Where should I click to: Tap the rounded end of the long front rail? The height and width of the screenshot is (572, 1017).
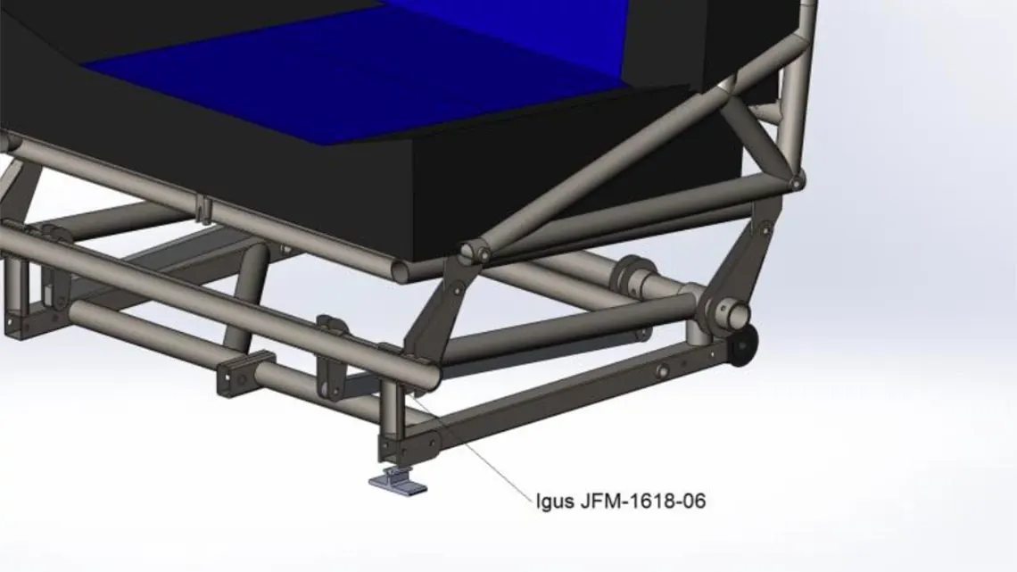[429, 374]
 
